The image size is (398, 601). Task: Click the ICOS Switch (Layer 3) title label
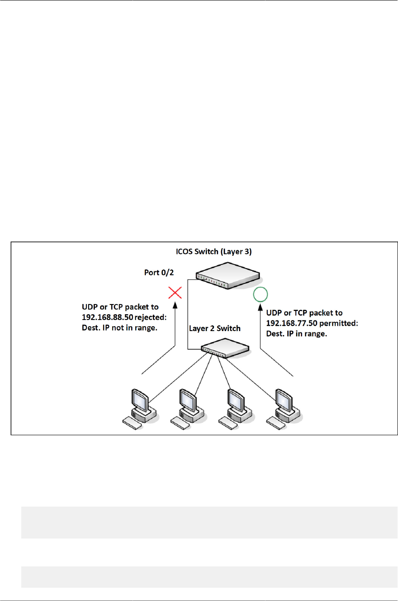[x=214, y=251]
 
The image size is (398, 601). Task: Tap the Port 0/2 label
[x=159, y=273]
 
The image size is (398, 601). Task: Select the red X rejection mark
[x=175, y=293]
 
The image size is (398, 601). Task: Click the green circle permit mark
[x=260, y=294]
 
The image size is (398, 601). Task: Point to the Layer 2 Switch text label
[x=215, y=328]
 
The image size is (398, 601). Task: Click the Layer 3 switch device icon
[x=227, y=275]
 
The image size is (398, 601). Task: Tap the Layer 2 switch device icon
[x=225, y=348]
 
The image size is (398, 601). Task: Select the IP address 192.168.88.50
[x=107, y=317]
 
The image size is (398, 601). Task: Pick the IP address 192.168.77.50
[x=292, y=323]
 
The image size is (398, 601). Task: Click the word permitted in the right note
[x=339, y=323]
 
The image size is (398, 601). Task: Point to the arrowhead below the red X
[x=175, y=305]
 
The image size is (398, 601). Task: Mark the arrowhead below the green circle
[x=260, y=307]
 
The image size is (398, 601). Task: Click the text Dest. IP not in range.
[x=120, y=328]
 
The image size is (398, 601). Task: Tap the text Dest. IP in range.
[x=297, y=334]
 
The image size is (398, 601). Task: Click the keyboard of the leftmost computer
[x=132, y=423]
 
